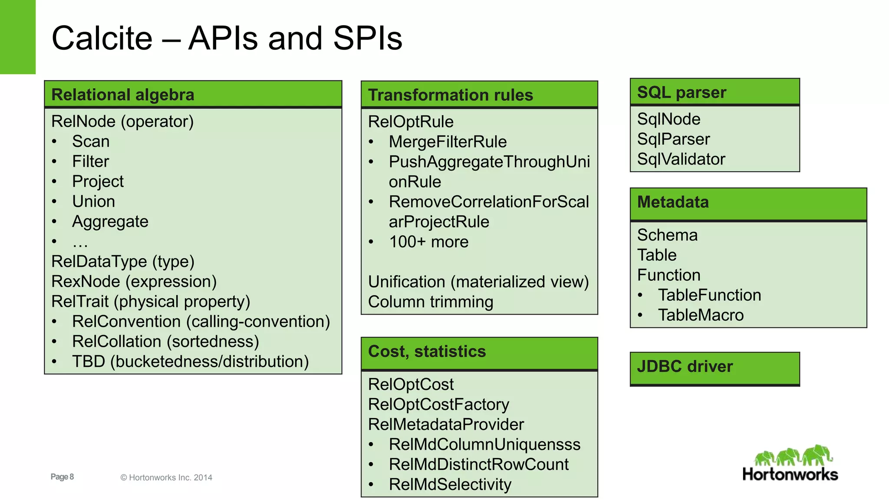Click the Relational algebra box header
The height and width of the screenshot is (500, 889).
tap(123, 95)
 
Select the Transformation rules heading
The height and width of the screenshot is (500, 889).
tap(450, 95)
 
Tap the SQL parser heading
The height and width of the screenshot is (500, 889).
tap(682, 92)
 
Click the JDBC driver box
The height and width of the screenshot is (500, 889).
tap(714, 368)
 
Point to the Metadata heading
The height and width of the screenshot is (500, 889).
tap(673, 202)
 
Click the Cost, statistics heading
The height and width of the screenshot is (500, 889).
tap(427, 352)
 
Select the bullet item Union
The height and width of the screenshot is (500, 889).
tap(93, 201)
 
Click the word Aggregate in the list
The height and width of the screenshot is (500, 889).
tap(110, 222)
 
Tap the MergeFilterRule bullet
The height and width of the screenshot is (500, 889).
tap(448, 142)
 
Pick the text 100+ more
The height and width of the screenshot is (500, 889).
tap(428, 242)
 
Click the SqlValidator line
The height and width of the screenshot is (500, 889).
tap(681, 159)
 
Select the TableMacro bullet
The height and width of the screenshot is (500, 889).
tap(701, 315)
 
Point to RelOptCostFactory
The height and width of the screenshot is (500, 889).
tap(438, 405)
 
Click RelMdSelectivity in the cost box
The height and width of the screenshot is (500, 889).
tap(450, 484)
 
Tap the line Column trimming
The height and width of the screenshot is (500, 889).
tap(430, 302)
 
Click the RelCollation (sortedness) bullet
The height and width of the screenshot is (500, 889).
tap(165, 342)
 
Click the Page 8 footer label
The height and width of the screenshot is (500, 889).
tap(62, 477)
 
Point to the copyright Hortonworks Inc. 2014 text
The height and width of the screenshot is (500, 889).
tap(166, 477)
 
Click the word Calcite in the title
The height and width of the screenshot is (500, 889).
tap(102, 38)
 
